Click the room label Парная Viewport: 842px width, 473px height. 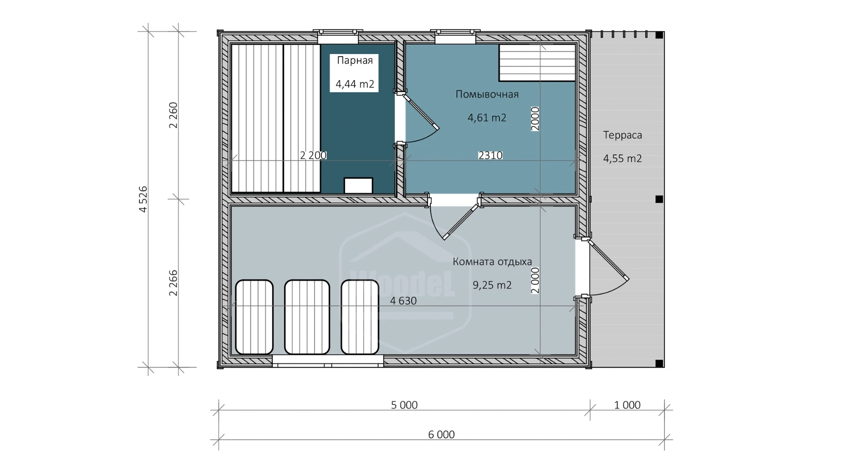355,60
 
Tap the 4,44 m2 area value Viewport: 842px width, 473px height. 355,84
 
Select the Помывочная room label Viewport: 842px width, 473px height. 487,94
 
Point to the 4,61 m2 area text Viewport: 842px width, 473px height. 487,117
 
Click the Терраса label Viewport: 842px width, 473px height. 622,135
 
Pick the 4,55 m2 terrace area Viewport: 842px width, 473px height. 622,158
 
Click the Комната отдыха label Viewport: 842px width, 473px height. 492,262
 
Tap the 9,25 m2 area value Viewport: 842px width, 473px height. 492,285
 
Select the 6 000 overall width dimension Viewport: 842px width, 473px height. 441,434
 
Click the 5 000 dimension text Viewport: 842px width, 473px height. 404,405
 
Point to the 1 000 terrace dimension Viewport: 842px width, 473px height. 627,405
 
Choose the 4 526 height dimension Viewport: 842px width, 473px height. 143,199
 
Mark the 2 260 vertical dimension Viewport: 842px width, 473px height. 173,115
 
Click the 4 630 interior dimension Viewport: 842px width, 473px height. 403,301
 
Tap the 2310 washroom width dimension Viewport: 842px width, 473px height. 490,155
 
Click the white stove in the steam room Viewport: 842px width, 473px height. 358,185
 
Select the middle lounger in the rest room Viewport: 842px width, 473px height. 307,317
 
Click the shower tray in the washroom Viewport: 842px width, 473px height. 537,63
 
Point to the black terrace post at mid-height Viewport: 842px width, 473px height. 659,199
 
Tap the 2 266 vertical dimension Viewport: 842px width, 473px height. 173,283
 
